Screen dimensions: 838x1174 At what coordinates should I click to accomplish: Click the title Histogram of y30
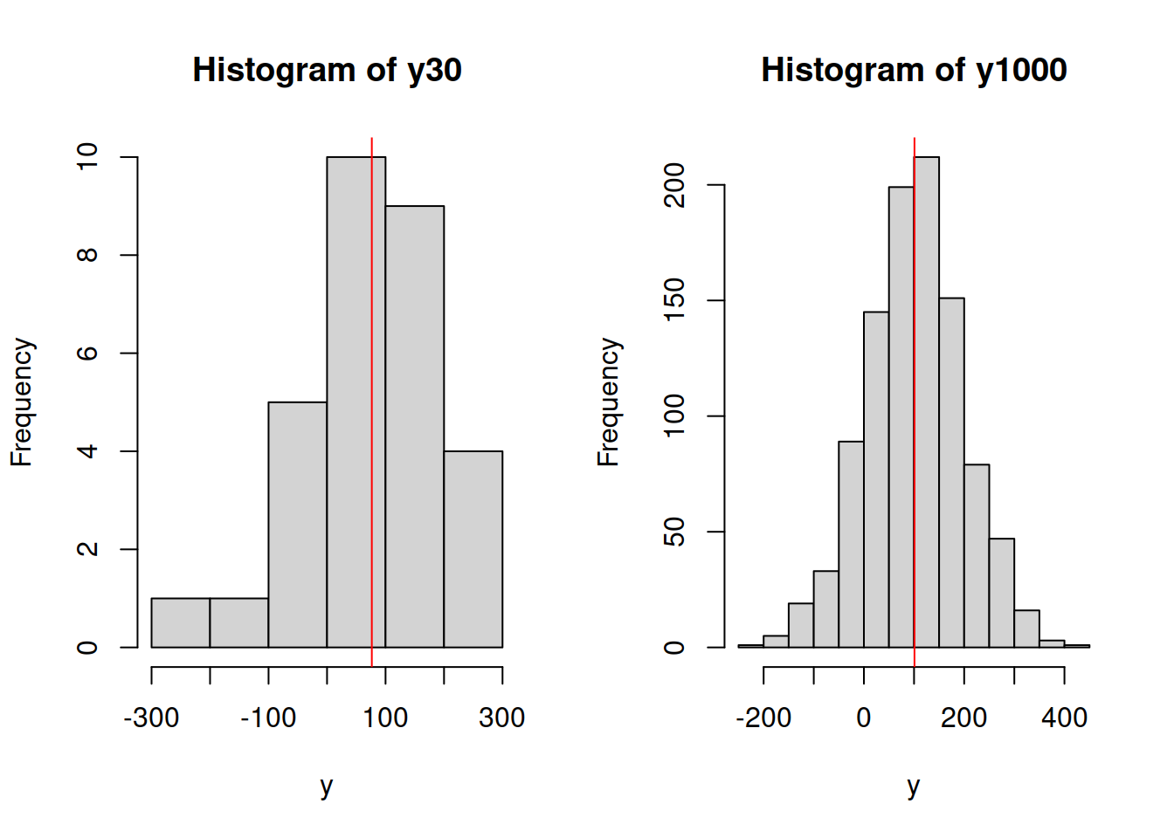point(327,70)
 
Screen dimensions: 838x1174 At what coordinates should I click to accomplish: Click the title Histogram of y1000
point(914,70)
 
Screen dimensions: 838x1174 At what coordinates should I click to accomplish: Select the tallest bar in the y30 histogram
point(349,402)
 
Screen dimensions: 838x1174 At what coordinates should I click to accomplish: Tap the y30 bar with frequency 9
point(414,428)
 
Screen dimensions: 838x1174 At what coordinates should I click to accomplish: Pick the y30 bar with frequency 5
point(297,524)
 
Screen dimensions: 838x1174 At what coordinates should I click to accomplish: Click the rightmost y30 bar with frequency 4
point(473,550)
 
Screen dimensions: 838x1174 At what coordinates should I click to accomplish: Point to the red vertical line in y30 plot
point(372,262)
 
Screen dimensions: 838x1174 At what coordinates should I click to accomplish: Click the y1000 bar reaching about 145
point(876,480)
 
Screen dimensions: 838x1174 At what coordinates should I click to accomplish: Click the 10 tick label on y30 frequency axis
point(87,157)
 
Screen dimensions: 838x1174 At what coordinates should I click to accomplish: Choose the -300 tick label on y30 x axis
point(151,718)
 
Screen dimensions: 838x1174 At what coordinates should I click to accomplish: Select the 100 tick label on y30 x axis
point(385,718)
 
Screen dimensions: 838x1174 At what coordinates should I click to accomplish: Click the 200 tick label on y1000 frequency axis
point(674,185)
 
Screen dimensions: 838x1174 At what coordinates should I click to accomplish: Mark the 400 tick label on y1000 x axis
point(1064,718)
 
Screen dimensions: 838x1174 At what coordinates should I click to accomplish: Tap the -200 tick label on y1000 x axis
point(763,718)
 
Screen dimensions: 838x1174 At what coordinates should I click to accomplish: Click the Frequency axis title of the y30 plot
point(22,402)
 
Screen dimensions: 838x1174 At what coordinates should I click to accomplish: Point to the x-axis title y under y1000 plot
point(914,786)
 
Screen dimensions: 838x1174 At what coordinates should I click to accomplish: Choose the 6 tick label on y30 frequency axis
point(87,353)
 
